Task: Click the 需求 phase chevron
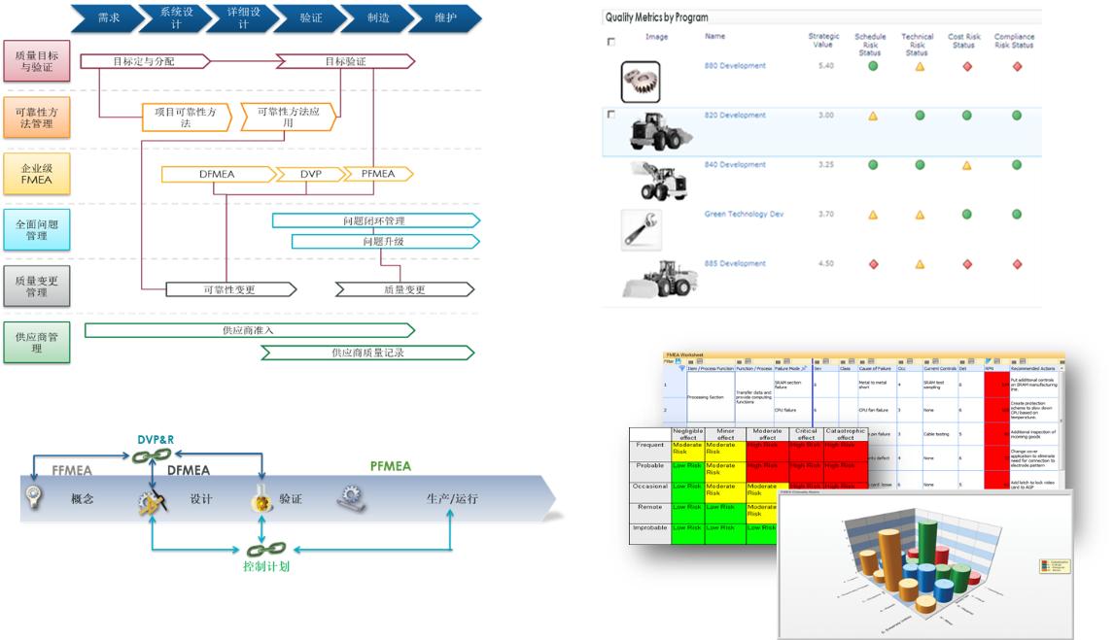coord(109,17)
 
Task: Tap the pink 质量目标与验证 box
coord(37,60)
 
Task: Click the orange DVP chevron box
coord(311,174)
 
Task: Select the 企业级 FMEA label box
coord(37,173)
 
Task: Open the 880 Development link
coord(734,66)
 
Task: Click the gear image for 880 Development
coord(641,82)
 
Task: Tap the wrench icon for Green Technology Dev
coord(641,229)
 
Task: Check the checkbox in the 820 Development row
coord(610,115)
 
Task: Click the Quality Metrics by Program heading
coord(656,17)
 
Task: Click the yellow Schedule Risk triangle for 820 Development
coord(872,116)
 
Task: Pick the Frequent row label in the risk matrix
coord(649,446)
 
